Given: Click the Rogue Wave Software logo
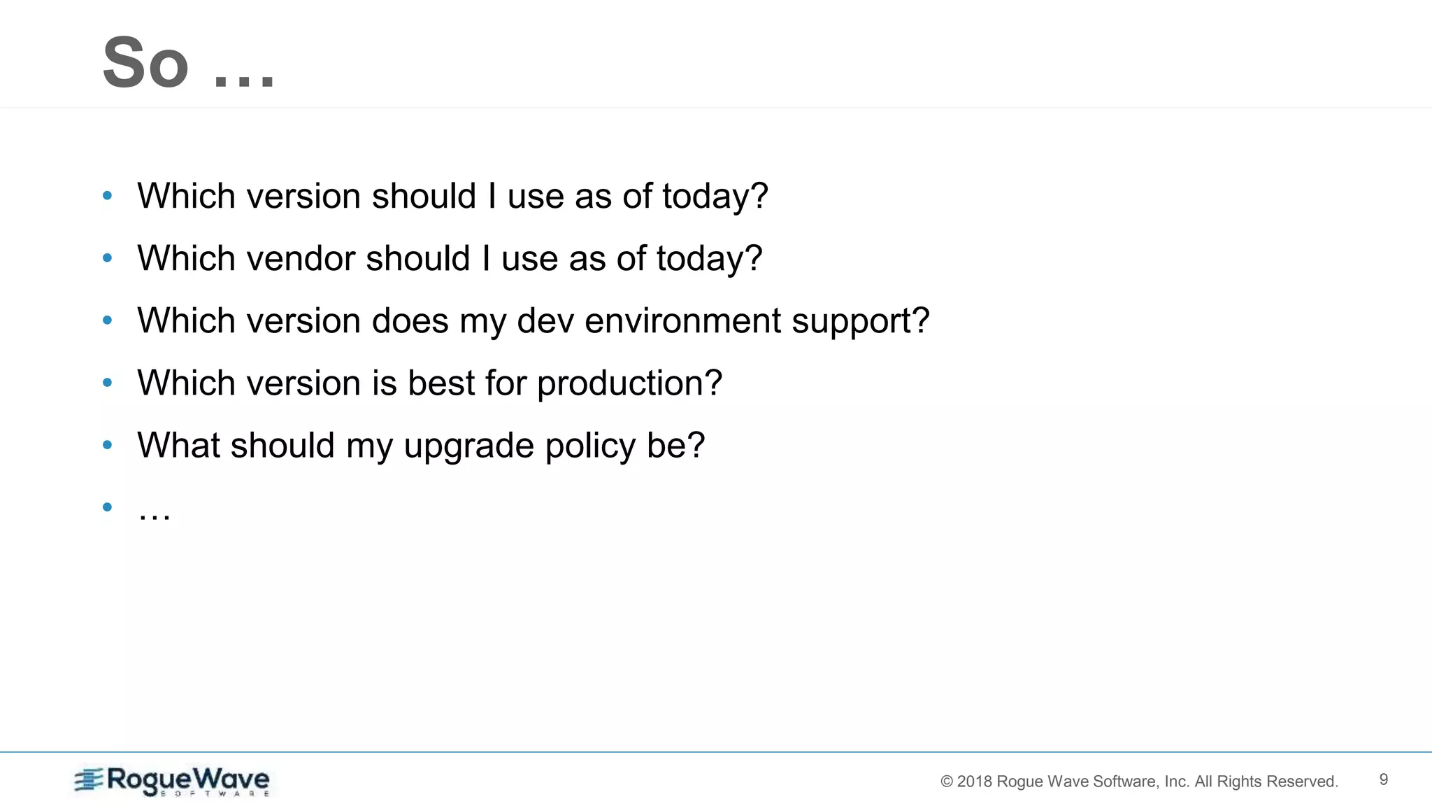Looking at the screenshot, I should (172, 781).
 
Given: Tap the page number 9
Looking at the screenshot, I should (1383, 779).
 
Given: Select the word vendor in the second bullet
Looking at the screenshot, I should (301, 258).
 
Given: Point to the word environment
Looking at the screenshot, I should (683, 320).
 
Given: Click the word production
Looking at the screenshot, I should (629, 383).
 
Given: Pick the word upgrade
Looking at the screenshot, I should (468, 446).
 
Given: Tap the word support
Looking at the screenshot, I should (860, 322).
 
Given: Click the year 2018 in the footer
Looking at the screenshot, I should (974, 782).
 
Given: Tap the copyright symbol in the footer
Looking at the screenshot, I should (947, 782).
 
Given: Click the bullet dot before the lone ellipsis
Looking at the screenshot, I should (107, 507).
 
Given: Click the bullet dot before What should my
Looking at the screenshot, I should (107, 444).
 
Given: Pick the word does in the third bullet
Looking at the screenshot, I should (410, 320).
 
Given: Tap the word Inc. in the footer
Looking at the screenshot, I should (1177, 782).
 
